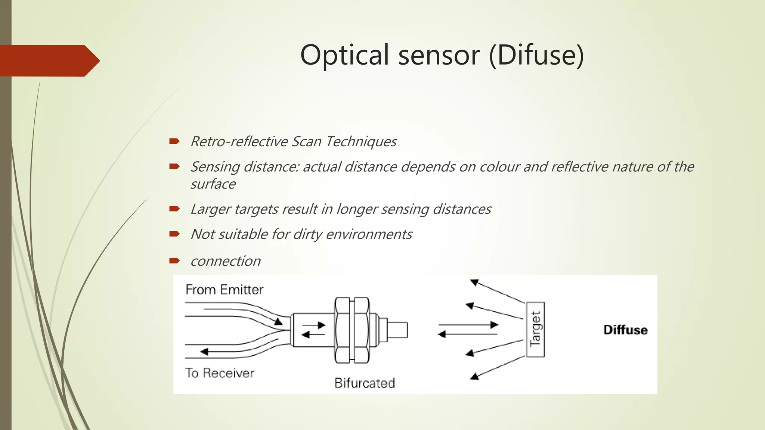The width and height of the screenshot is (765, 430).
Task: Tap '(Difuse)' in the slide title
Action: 536,55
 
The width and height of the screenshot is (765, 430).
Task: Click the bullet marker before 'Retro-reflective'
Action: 174,141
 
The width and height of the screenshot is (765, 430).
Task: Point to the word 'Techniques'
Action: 361,142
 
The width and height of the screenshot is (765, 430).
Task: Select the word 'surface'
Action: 213,184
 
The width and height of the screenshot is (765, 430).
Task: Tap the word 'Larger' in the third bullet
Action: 210,209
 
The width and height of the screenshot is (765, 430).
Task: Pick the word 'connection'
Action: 226,261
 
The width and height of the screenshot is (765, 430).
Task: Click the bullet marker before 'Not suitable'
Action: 174,234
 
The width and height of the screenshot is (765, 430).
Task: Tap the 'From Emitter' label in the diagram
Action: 224,290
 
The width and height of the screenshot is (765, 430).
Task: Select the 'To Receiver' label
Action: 220,373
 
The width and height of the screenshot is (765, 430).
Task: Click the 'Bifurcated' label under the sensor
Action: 365,383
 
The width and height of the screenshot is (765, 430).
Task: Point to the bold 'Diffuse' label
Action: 625,330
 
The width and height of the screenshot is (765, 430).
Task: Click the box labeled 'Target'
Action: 535,330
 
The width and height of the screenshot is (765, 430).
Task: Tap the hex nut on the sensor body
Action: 351,330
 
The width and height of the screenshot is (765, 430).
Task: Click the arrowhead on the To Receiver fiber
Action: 204,351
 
